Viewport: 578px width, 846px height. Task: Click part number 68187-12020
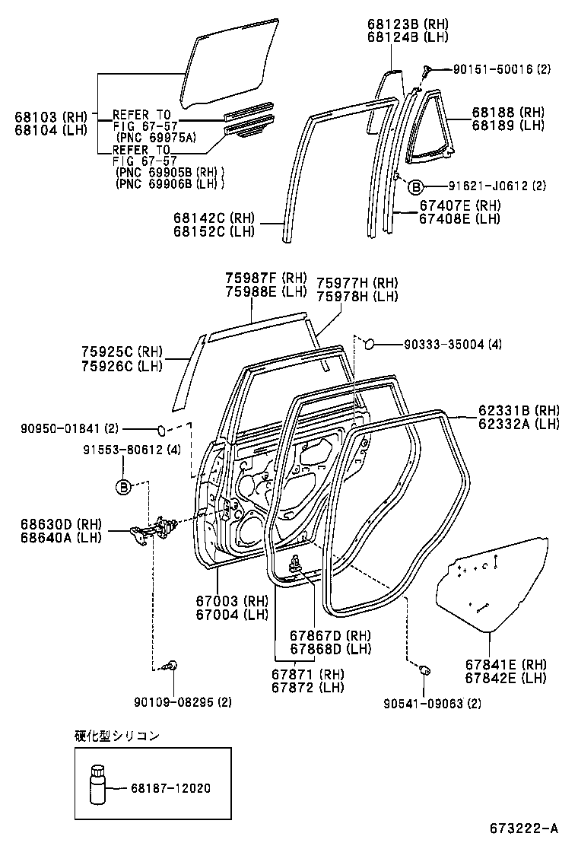point(170,788)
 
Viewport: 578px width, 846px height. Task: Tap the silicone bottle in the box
point(97,786)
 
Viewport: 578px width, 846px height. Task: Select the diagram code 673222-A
point(523,829)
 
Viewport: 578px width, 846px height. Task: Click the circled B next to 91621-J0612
point(416,186)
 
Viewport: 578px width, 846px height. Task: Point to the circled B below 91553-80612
point(123,487)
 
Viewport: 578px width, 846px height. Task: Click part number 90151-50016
point(493,69)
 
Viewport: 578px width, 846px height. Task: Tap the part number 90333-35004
point(444,344)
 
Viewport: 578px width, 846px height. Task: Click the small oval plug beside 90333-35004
point(370,343)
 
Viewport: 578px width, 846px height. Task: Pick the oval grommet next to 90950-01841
point(161,430)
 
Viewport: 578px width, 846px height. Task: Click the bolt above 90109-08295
point(172,665)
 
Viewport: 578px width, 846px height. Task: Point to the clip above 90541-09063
point(424,670)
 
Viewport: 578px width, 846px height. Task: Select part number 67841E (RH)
point(506,665)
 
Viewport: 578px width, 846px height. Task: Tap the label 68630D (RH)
point(61,524)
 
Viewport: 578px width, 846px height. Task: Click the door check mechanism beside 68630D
point(157,528)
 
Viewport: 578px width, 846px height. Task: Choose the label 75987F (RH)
point(266,278)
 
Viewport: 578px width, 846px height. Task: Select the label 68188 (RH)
point(509,113)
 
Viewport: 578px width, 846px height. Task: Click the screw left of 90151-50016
point(427,70)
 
